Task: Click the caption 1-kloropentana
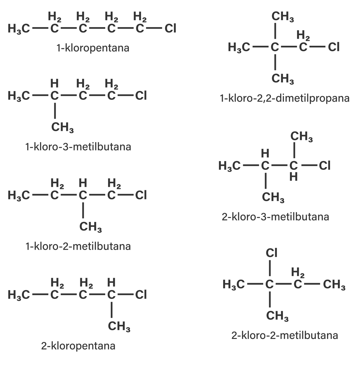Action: [x=93, y=47]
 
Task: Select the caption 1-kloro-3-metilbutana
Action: [x=78, y=146]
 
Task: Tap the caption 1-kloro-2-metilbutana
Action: [x=78, y=246]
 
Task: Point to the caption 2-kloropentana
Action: [x=78, y=346]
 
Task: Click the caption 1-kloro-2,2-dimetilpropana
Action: [x=284, y=98]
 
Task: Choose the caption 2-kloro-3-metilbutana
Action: [x=276, y=217]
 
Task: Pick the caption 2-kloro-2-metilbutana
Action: [x=284, y=335]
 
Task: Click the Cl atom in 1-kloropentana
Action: [x=170, y=28]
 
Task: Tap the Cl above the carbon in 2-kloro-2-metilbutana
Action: [x=271, y=252]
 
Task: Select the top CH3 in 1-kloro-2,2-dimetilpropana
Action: [x=283, y=17]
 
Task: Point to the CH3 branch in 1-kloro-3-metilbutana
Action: [x=62, y=128]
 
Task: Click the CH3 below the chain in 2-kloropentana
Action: [x=119, y=327]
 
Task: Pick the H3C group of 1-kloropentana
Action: [x=19, y=29]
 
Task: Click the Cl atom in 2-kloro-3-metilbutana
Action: [x=324, y=165]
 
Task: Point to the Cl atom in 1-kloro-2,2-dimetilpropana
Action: [x=334, y=47]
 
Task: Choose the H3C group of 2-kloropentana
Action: [x=19, y=295]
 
